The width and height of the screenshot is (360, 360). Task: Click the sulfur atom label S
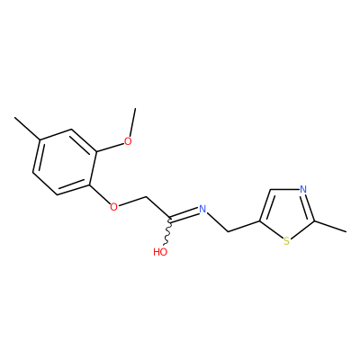[x=286, y=241]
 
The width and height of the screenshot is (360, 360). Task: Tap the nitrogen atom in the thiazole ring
[x=303, y=190]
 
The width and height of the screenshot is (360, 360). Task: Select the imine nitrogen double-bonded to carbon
[x=202, y=209]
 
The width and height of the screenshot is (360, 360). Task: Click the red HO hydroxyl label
[x=160, y=252]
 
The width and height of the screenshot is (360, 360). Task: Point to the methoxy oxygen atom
[x=128, y=141]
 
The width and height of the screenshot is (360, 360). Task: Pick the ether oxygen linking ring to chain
[x=113, y=207]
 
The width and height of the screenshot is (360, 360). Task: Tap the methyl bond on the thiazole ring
[x=330, y=227]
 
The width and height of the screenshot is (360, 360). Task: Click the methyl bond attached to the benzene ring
[x=27, y=128]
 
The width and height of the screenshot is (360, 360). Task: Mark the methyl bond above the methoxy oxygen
[x=132, y=122]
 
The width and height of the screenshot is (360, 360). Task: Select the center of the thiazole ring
[x=285, y=211]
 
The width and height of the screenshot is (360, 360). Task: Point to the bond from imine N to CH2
[x=218, y=222]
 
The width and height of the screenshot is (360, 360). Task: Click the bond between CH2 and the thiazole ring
[x=244, y=227]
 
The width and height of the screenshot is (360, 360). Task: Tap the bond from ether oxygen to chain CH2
[x=132, y=202]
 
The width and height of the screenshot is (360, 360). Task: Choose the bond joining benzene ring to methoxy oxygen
[x=111, y=147]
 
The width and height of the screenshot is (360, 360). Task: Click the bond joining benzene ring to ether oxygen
[x=100, y=193]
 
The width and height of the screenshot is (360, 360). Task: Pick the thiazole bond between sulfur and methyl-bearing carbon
[x=302, y=229]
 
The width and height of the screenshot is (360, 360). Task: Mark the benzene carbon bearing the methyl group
[x=40, y=139]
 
